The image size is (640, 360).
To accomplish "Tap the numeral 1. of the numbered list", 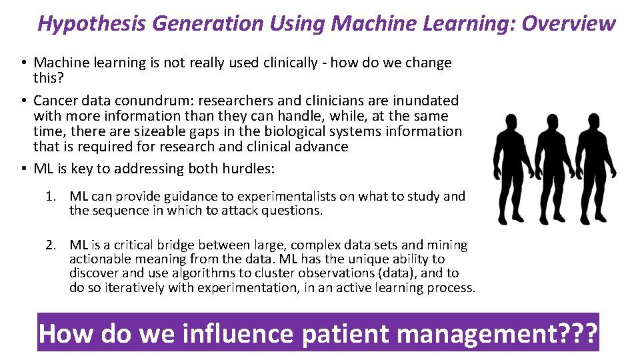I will pyautogui.click(x=51, y=197).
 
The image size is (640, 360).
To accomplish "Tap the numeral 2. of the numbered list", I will pyautogui.click(x=51, y=245).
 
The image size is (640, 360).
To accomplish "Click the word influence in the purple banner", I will pyautogui.click(x=216, y=333).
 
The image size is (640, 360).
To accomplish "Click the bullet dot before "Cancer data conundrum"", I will pyautogui.click(x=23, y=101).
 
